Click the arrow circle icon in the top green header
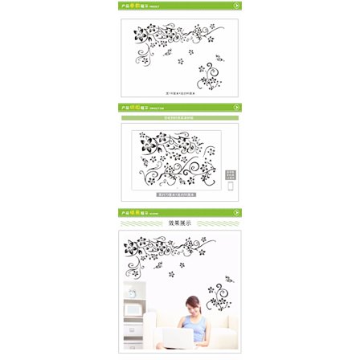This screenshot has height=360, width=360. pos(236,6)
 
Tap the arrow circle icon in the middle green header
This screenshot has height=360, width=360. pos(236,108)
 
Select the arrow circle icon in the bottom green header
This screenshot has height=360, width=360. pos(236,213)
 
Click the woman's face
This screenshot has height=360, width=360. pos(192,306)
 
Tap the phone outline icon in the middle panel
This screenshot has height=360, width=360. pos(231,186)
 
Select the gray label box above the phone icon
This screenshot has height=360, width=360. pos(231,174)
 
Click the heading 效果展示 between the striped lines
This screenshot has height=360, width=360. pos(180,223)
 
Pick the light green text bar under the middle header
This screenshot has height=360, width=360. pos(180,117)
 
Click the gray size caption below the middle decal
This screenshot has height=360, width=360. pos(177,194)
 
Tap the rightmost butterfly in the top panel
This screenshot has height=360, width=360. pos(219,58)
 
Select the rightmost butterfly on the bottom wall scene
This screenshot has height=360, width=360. pos(229,278)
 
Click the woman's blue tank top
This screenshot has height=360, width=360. pos(194,325)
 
